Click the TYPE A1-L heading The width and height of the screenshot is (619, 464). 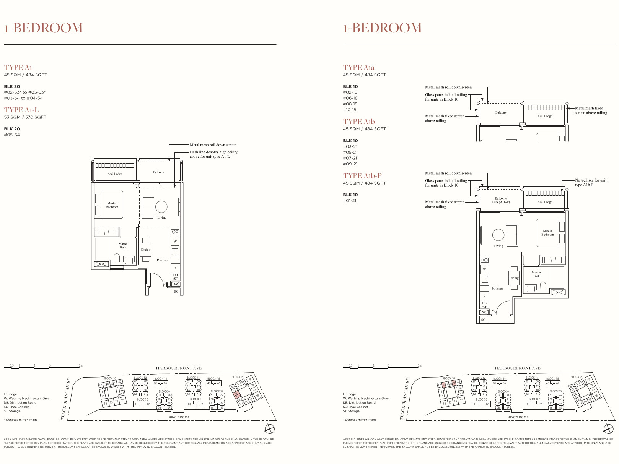coord(21,110)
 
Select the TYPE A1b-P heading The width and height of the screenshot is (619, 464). coord(362,176)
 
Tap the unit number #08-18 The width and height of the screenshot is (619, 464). coord(350,104)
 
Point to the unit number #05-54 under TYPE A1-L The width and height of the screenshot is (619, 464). coord(12,135)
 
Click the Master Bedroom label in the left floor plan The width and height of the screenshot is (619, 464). coord(112,205)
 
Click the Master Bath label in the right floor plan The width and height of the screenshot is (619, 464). coord(536,274)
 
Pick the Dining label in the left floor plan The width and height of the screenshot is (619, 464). coord(145,250)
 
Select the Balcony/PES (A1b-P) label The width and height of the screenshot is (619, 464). coord(500,200)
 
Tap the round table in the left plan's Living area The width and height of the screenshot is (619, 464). coord(161,207)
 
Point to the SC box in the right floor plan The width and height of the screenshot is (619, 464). coord(483,320)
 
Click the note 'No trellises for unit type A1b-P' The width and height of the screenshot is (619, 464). coord(590,182)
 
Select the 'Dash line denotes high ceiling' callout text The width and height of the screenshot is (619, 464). coord(214,154)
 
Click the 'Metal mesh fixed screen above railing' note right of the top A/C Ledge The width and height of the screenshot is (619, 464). coord(591,110)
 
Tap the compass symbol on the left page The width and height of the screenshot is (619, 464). coord(270,428)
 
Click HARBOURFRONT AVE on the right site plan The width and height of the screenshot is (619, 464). coord(517,368)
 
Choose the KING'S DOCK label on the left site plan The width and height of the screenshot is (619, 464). coord(179,417)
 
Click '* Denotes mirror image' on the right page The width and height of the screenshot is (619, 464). coord(360,420)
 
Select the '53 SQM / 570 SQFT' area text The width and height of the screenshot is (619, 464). coord(25,117)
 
